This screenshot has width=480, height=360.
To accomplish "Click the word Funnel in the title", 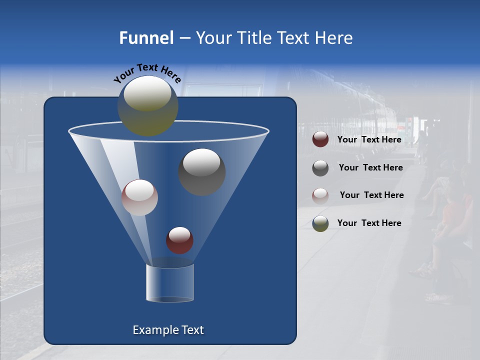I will (x=146, y=38).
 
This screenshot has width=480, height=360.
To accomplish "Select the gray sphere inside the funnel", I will (x=202, y=172).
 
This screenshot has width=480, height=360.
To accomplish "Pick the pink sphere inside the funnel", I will (x=139, y=197).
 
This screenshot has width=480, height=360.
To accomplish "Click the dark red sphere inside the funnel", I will (x=179, y=240).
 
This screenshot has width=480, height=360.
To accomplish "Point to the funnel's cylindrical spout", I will (x=170, y=283).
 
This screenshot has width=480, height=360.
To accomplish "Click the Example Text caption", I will (x=168, y=330).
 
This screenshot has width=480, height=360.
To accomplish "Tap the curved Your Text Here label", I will (x=147, y=72).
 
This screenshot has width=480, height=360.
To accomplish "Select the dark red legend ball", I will (x=320, y=139).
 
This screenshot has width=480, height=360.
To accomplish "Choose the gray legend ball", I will (x=320, y=168).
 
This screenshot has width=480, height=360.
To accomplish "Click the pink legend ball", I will (x=320, y=195).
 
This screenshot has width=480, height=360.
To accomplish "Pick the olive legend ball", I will (x=320, y=223).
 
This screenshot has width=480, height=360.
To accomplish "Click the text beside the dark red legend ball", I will (x=369, y=140).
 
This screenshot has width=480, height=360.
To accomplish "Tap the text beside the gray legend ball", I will (x=370, y=168).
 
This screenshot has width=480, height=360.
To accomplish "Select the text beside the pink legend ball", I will (x=371, y=195).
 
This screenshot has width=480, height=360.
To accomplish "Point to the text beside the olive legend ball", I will (x=369, y=223).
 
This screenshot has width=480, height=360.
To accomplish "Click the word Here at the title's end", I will (x=334, y=38).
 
